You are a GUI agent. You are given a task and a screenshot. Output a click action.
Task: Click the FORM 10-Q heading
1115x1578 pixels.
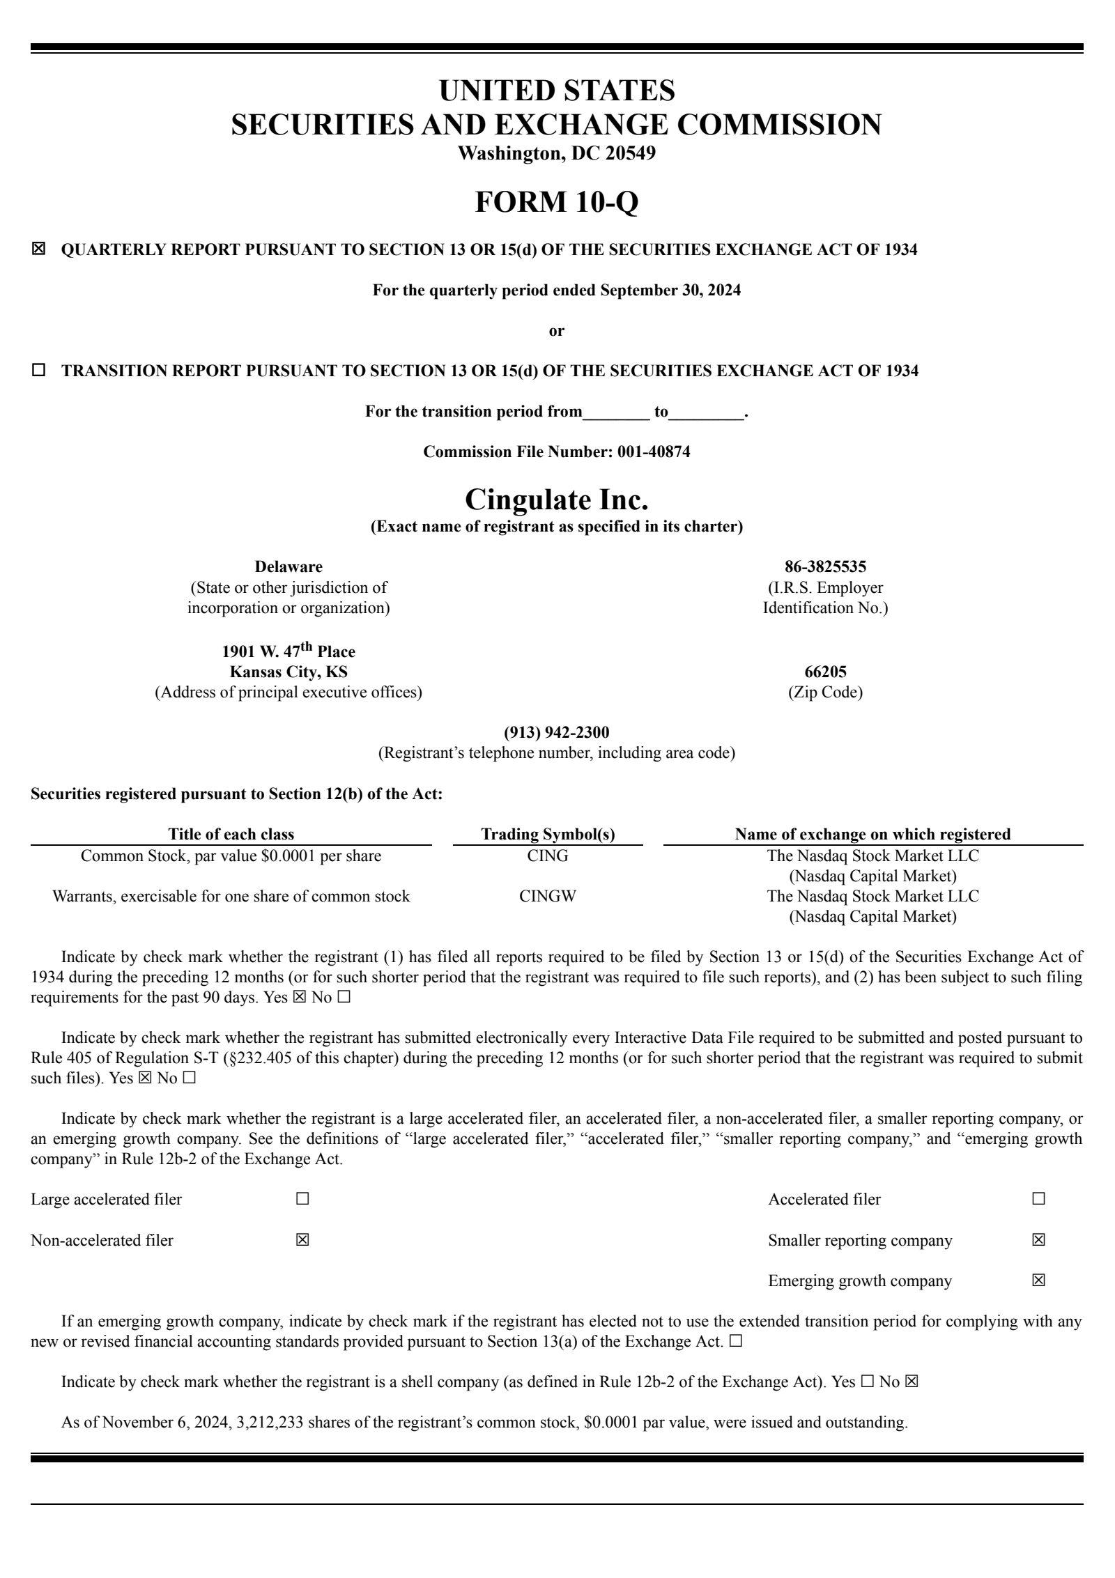(556, 202)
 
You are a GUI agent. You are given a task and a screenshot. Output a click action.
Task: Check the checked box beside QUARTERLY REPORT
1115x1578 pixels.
(38, 249)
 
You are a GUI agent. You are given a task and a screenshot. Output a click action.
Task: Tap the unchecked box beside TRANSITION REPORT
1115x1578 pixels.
(38, 371)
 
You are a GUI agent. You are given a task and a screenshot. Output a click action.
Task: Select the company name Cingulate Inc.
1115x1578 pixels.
(556, 499)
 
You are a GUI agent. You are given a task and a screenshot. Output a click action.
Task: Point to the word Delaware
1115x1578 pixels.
(288, 566)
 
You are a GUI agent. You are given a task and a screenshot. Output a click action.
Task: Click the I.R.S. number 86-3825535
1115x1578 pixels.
(825, 566)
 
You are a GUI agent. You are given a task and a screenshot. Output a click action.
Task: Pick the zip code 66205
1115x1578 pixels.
(825, 672)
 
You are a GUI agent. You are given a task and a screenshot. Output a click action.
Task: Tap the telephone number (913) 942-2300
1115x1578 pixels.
(556, 732)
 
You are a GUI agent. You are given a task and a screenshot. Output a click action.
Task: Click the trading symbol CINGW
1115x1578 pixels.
(548, 896)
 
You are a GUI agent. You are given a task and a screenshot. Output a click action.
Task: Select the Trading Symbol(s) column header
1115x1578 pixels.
(548, 834)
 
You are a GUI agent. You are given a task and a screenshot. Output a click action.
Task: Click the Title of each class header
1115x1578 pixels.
(231, 834)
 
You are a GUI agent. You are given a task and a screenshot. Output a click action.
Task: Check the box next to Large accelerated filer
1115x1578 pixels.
(302, 1199)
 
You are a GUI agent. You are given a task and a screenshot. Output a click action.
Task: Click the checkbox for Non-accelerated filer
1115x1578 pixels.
(302, 1240)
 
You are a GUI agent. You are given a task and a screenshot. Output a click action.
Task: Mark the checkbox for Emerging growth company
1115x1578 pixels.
(1038, 1281)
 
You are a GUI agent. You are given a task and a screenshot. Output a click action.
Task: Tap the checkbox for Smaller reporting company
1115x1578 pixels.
(1038, 1240)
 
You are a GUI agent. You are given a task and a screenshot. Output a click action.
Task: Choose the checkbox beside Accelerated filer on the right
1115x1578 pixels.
(1038, 1199)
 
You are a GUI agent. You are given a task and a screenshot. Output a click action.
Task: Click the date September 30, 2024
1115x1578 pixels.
(670, 290)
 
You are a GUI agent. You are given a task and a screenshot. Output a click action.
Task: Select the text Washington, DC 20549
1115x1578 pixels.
(556, 153)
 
